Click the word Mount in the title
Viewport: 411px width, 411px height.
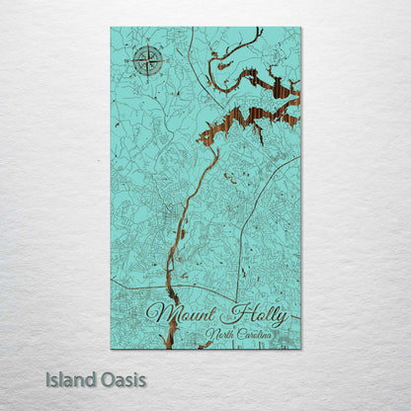[x=178, y=316]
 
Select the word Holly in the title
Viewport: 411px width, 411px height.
[x=255, y=317]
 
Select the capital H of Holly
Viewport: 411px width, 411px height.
[x=231, y=315]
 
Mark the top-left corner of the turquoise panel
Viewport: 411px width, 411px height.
[x=111, y=28]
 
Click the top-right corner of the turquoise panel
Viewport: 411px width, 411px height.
[x=301, y=28]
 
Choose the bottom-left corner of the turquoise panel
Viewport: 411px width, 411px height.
[x=111, y=350]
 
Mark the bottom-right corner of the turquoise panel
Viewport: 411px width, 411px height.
[x=301, y=350]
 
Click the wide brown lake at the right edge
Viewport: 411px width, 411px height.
[x=267, y=109]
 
